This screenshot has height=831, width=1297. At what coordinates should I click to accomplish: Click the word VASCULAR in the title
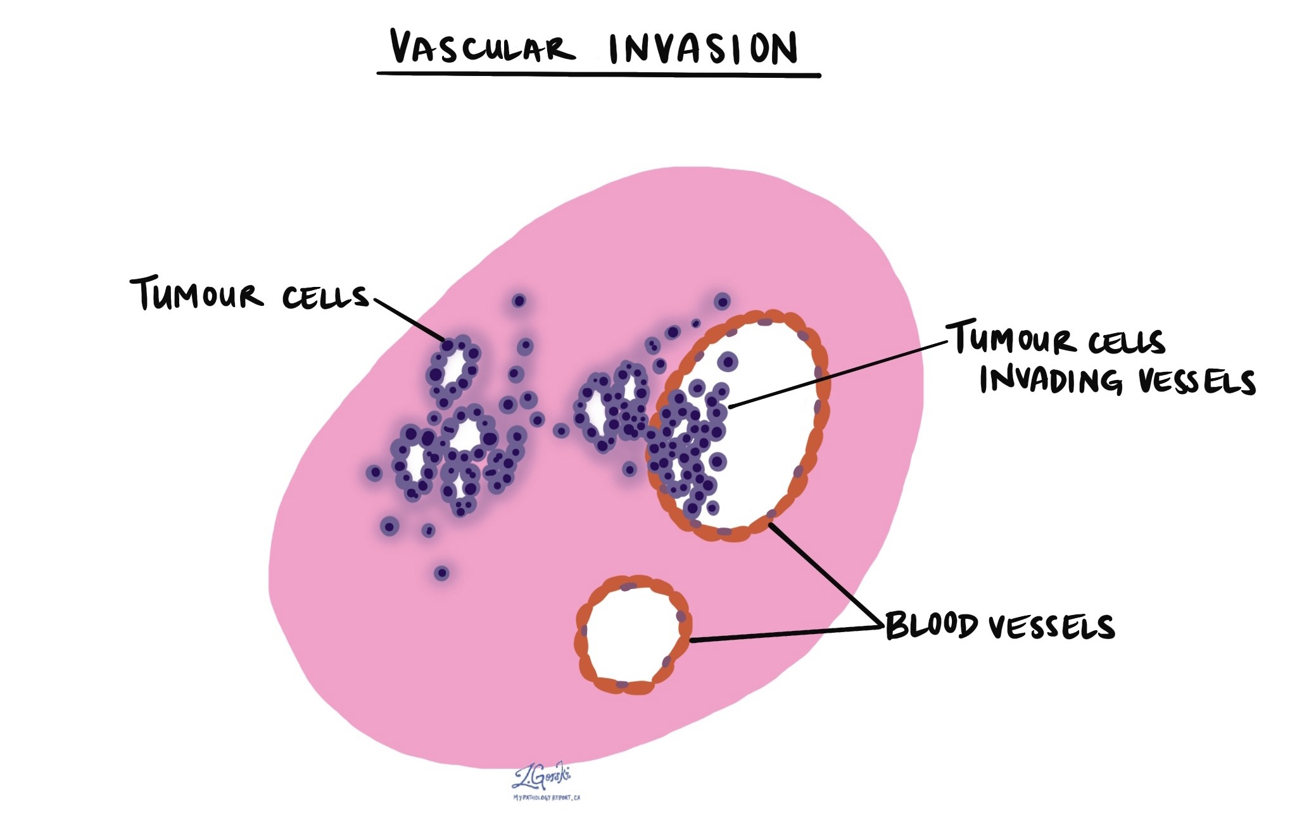tap(481, 48)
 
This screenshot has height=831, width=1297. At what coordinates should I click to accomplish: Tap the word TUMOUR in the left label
tap(196, 294)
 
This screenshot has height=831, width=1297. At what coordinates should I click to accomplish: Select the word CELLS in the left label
tap(325, 296)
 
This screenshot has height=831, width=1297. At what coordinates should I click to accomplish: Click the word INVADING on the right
tap(1051, 380)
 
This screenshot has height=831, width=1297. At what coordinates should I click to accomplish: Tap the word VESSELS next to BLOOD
tap(1051, 627)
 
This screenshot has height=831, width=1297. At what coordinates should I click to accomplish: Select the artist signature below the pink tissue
tap(541, 776)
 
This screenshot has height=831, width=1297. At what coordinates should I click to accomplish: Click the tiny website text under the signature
tap(547, 797)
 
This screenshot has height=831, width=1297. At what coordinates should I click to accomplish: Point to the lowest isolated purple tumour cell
tap(441, 573)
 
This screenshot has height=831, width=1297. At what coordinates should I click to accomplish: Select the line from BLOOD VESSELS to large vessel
tap(823, 573)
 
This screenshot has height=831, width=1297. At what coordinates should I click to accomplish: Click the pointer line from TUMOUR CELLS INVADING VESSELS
tap(836, 373)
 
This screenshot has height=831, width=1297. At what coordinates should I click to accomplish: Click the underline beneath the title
tap(598, 75)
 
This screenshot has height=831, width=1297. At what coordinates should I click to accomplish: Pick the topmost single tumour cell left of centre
tap(519, 301)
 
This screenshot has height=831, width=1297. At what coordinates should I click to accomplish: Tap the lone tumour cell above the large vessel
tap(722, 301)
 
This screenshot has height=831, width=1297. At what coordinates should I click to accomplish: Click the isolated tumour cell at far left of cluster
tap(374, 473)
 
